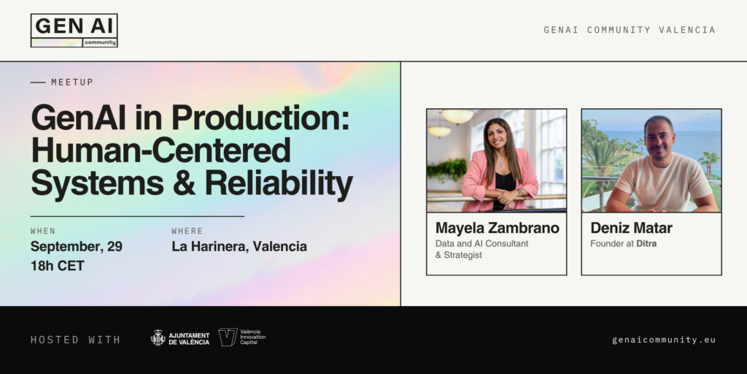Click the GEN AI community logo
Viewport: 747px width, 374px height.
tap(74, 31)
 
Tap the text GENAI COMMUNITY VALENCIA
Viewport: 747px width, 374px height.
tap(630, 30)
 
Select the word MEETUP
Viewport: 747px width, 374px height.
tap(72, 82)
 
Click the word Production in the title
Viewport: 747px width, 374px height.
tap(260, 118)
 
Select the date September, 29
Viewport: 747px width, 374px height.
tap(76, 247)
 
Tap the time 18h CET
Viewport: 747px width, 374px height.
tap(57, 266)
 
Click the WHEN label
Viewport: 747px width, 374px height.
tap(43, 231)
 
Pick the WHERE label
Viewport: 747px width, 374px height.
tap(187, 231)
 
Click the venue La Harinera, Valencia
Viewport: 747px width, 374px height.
tap(239, 247)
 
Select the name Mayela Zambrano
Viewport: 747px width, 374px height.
tap(497, 228)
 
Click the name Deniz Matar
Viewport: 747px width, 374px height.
tap(631, 228)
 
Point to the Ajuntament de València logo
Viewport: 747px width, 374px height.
tap(180, 337)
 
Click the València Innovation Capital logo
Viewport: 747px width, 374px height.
tap(242, 337)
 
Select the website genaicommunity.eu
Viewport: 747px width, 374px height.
tap(664, 340)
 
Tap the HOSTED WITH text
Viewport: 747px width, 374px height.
tap(76, 340)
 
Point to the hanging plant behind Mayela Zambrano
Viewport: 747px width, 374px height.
tap(447, 170)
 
